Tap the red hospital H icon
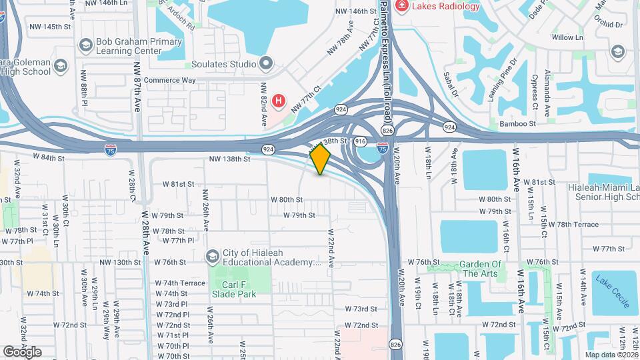(x=279, y=103)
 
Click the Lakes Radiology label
(x=446, y=7)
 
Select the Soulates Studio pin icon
(x=266, y=64)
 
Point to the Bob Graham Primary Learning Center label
(x=139, y=46)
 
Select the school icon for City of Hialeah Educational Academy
(x=212, y=257)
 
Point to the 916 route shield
(x=361, y=141)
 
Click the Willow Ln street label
(x=567, y=37)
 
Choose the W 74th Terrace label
(x=179, y=283)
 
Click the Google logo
(x=22, y=351)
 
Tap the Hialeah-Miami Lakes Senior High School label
(x=603, y=193)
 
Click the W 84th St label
(x=49, y=159)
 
